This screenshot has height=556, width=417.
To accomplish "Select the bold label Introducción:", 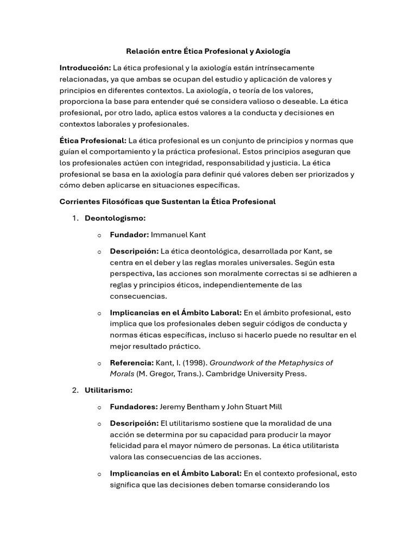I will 85,68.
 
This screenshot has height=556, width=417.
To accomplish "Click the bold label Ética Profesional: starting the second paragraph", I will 93,141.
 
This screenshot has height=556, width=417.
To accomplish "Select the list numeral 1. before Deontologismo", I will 75,218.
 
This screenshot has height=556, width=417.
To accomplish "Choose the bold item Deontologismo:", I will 115,218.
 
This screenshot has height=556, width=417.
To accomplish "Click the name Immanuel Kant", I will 178,235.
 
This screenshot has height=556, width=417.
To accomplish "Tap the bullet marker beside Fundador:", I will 99,235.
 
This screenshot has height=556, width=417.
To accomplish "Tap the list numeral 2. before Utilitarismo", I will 75,390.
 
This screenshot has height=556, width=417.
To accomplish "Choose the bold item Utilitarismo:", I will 109,390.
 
